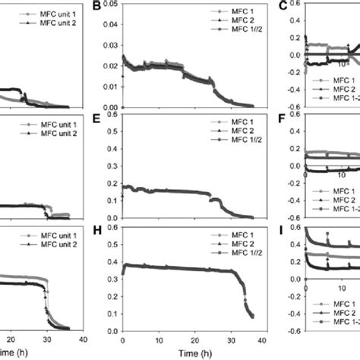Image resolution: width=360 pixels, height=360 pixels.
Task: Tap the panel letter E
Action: click(x=96, y=118)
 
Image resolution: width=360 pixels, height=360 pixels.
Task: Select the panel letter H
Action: click(x=96, y=229)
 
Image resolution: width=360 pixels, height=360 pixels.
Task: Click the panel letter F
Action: click(x=283, y=118)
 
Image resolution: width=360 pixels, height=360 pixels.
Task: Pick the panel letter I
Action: click(x=283, y=229)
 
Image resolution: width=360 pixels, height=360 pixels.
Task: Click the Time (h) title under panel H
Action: click(x=194, y=352)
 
